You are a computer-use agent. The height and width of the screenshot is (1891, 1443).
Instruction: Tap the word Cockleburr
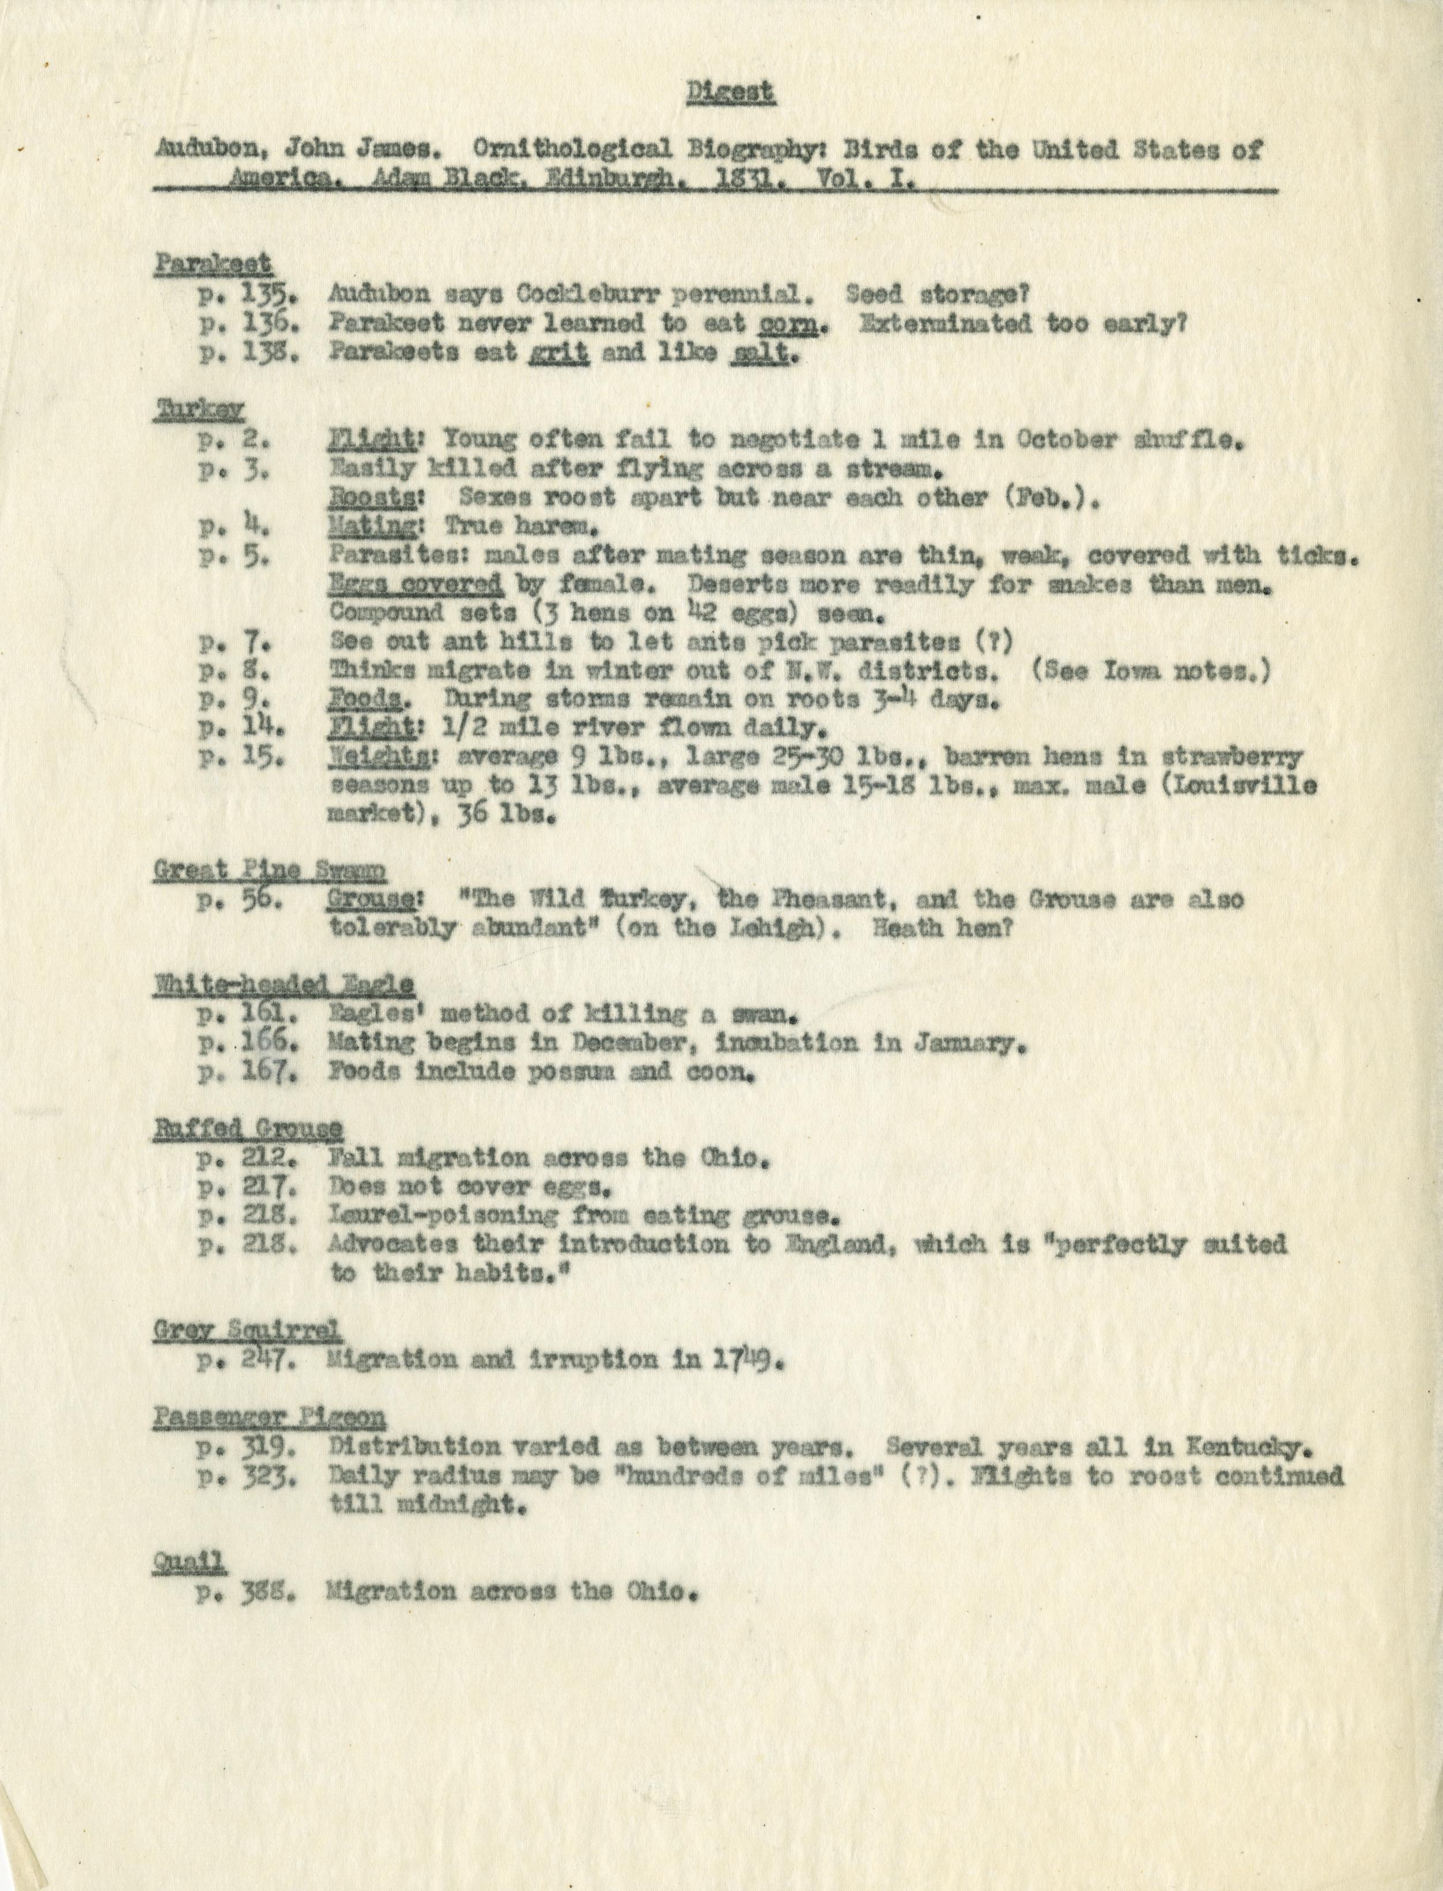[x=584, y=294]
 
